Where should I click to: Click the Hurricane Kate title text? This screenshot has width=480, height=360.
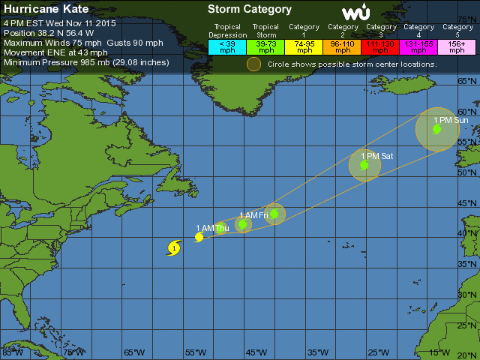(x=46, y=10)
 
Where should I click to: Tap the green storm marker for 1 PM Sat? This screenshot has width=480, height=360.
(x=364, y=166)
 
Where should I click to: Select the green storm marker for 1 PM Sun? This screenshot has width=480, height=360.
(x=436, y=129)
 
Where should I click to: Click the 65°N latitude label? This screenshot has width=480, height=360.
(x=468, y=81)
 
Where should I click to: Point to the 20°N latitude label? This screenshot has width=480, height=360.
(x=468, y=355)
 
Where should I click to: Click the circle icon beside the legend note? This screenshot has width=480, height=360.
(x=254, y=64)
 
